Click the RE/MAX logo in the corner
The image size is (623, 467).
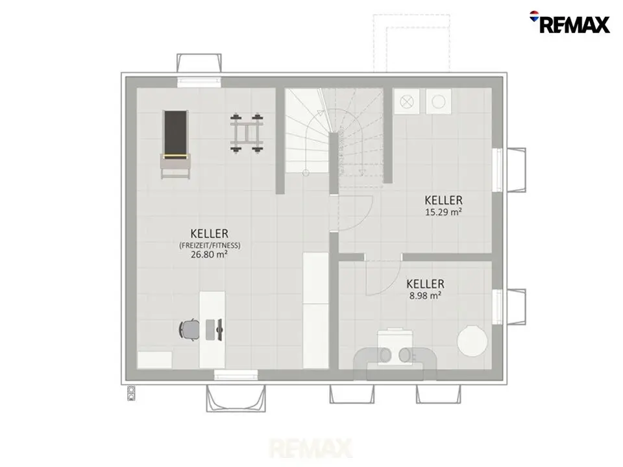tap(569, 23)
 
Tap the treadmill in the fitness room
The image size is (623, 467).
tap(175, 145)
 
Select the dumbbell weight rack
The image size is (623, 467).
tap(247, 132)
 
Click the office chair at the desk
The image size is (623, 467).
tap(189, 329)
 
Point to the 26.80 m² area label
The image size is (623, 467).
tap(209, 254)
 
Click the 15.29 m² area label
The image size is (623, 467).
tap(443, 212)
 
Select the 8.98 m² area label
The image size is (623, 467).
tap(425, 296)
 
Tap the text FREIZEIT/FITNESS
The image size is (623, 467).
tap(210, 245)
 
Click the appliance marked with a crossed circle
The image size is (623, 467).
tap(406, 102)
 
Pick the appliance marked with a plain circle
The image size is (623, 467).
tap(438, 102)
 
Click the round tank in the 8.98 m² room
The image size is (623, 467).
tap(472, 341)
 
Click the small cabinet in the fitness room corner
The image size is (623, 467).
tap(154, 360)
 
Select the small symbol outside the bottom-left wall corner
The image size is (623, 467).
tap(131, 393)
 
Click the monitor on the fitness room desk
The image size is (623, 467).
tap(219, 329)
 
